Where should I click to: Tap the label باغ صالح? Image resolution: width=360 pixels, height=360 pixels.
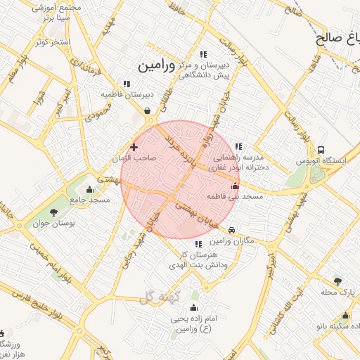(337, 37)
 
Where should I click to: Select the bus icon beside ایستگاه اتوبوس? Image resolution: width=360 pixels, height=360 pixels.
(321, 150)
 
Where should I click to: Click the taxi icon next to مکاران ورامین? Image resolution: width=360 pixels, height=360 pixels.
(232, 230)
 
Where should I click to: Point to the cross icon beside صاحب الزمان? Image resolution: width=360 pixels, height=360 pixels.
(134, 147)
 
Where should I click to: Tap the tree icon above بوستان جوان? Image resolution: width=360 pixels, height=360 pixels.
(53, 212)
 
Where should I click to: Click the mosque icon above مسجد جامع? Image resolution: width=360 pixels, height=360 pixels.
(89, 189)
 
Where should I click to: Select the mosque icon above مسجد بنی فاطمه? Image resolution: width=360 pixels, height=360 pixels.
(235, 186)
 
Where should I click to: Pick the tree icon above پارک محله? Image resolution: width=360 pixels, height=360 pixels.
(337, 281)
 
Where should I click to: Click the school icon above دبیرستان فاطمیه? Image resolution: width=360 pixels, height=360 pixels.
(127, 84)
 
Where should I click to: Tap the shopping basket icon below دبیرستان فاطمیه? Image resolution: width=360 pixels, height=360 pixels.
(147, 110)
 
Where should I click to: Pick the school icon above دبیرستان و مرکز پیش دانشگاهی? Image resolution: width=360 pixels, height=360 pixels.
(204, 54)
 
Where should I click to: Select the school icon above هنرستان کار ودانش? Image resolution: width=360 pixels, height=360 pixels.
(198, 244)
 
